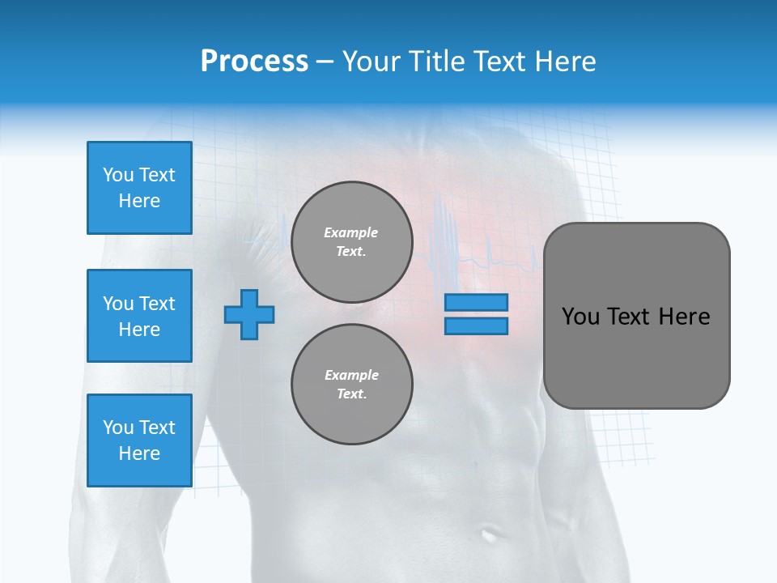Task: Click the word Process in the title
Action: click(x=254, y=61)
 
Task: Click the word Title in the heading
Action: click(x=437, y=61)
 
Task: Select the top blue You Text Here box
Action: click(x=139, y=188)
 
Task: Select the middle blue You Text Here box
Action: click(x=139, y=316)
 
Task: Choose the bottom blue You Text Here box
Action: click(x=139, y=440)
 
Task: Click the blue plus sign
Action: click(x=249, y=314)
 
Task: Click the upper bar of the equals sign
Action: click(x=476, y=302)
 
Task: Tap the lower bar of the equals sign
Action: click(x=476, y=326)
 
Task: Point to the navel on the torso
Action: click(x=489, y=534)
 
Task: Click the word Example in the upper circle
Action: click(x=351, y=232)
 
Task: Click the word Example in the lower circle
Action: click(x=351, y=375)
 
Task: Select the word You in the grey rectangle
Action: click(x=580, y=317)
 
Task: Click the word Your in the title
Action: click(x=373, y=61)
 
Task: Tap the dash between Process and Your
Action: click(x=325, y=62)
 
